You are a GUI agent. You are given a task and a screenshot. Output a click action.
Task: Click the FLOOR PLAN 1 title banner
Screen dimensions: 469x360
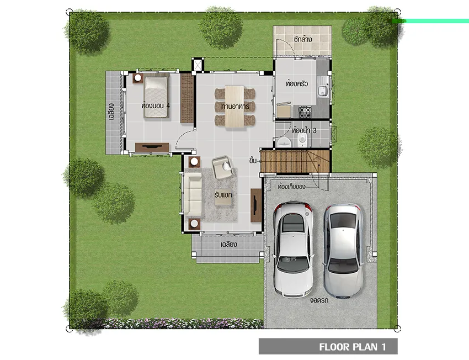(328, 347)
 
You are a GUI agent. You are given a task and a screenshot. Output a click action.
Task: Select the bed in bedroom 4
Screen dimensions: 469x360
(156, 97)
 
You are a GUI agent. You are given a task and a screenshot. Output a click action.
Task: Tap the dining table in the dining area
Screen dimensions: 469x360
(235, 106)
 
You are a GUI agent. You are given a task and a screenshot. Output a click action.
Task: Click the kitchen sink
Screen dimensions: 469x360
(322, 91)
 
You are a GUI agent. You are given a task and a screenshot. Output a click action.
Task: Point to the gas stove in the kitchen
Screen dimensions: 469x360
(305, 112)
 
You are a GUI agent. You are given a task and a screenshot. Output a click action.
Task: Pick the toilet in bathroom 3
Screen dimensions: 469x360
(303, 139)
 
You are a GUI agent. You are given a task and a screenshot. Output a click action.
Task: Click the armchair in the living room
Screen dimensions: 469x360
(222, 167)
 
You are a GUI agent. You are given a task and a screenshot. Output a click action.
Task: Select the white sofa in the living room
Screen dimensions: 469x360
(193, 194)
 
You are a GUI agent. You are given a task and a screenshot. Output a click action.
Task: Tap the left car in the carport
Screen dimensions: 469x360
(293, 248)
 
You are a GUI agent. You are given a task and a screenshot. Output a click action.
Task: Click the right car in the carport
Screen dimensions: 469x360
(343, 251)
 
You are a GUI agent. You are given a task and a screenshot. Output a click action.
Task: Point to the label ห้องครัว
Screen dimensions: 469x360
(296, 83)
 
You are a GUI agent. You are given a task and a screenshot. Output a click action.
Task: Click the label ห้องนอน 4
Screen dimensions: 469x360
(156, 105)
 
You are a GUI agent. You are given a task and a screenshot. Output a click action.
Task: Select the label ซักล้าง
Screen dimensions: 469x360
(303, 39)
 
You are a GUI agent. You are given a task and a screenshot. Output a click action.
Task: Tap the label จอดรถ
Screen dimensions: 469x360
(319, 300)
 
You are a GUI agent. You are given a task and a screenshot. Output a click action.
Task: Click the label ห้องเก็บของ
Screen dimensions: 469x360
(291, 187)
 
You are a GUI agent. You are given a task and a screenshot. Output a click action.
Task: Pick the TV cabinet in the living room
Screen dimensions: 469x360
(256, 205)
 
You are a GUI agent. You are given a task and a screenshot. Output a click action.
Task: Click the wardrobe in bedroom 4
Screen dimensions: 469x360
(187, 98)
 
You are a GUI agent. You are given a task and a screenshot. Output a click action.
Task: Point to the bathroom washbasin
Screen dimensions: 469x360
(284, 142)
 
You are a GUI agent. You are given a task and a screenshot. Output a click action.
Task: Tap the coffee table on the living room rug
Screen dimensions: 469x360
(223, 198)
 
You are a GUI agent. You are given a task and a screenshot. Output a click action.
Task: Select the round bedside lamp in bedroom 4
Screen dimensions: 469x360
(137, 78)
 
